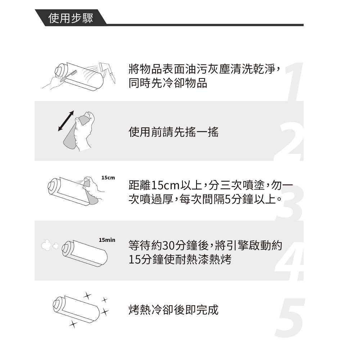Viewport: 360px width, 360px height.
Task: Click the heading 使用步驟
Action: click(71, 18)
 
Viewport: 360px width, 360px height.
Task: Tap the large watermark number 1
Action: click(294, 82)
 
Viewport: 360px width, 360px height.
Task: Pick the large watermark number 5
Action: click(290, 318)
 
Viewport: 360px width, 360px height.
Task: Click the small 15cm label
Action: click(108, 178)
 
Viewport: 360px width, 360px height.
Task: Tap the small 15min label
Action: click(107, 240)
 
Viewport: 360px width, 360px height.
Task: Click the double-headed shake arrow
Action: click(66, 121)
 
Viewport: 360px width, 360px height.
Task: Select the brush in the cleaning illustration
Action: click(68, 76)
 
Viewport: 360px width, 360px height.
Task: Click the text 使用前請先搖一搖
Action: click(174, 132)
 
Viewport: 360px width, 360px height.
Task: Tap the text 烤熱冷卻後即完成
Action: click(174, 310)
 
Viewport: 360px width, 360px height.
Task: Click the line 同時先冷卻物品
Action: click(168, 83)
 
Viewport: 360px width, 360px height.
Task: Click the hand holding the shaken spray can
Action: click(84, 130)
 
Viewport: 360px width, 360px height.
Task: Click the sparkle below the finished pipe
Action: click(73, 324)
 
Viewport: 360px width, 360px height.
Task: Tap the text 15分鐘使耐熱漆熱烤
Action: click(180, 260)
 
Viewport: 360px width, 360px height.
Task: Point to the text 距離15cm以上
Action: click(165, 185)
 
